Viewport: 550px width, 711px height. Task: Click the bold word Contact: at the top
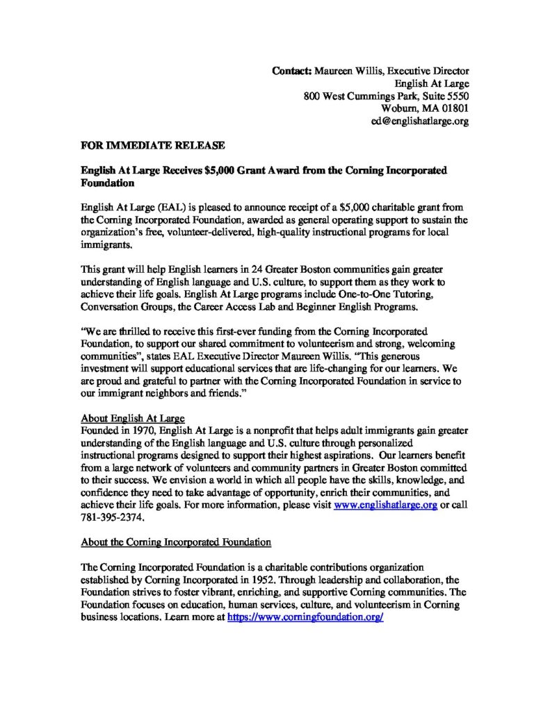tap(292, 71)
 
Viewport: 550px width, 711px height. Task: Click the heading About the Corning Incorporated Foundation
tap(176, 541)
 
